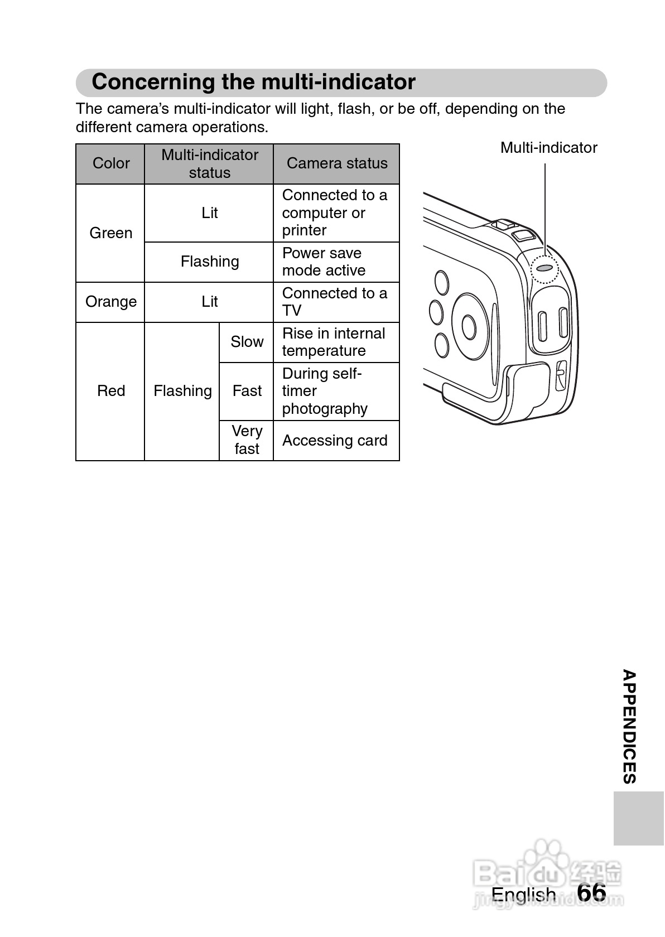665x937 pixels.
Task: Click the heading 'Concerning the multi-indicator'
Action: [x=253, y=82]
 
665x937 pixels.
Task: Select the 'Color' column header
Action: [x=110, y=163]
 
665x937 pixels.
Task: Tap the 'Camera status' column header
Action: [x=336, y=163]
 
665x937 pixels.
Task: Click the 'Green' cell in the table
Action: [x=110, y=233]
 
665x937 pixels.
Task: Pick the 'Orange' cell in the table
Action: [x=110, y=302]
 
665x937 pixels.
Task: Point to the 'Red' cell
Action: [x=110, y=391]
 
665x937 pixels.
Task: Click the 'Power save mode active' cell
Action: [x=336, y=262]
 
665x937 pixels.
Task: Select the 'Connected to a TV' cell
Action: [x=336, y=302]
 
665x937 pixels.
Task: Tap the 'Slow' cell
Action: [x=247, y=342]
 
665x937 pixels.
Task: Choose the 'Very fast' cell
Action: [x=247, y=440]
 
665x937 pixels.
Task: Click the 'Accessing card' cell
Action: [x=336, y=441]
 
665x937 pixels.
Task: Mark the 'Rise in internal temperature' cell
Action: [x=336, y=342]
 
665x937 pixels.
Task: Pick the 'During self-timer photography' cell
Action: [x=336, y=391]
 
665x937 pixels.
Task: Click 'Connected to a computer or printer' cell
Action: [x=336, y=212]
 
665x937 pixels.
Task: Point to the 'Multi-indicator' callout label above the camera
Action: [x=548, y=148]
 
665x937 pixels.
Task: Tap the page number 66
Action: [x=591, y=893]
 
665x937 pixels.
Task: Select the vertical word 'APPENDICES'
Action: [x=629, y=727]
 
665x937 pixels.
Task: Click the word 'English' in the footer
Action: [x=523, y=895]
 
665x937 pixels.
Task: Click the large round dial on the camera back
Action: [x=469, y=326]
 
